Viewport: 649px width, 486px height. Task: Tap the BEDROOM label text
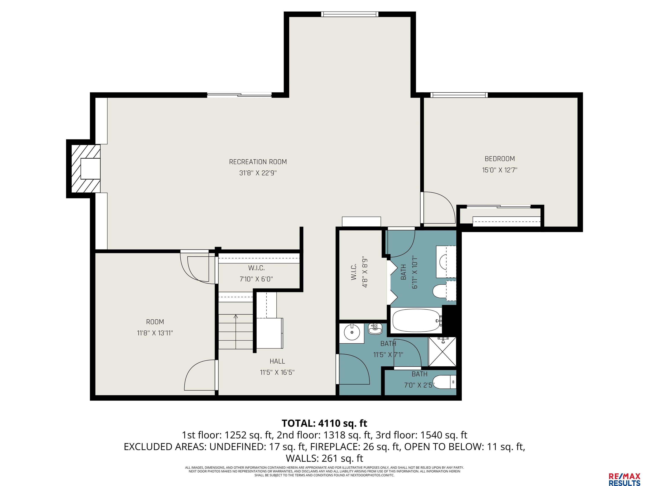click(500, 159)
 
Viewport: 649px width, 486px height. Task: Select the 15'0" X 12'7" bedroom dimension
click(500, 170)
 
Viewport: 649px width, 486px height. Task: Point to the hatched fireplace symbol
click(86, 169)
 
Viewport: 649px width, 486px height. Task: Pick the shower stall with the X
click(442, 352)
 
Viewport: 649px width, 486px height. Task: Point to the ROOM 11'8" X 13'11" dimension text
click(155, 333)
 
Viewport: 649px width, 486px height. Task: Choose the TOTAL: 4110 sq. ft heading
click(324, 423)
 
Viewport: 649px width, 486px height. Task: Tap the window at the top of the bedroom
click(459, 95)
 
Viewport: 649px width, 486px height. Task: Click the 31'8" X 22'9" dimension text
click(258, 173)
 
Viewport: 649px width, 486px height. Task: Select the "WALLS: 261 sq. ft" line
click(324, 458)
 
